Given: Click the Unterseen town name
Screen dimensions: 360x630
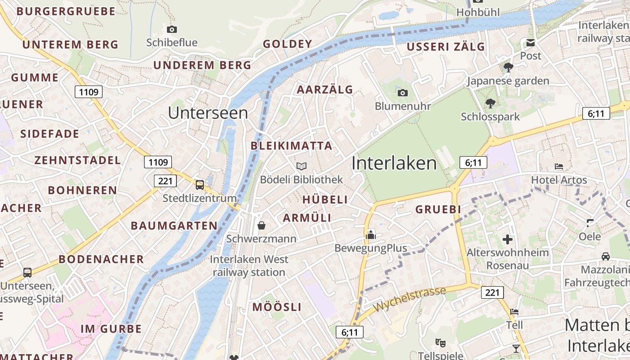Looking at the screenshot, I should pos(208,113).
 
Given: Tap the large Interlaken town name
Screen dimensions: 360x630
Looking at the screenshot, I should pos(394,163).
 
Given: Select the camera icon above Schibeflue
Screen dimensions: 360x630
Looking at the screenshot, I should pos(171,30).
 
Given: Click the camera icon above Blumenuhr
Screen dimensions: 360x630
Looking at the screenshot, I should pos(403,93).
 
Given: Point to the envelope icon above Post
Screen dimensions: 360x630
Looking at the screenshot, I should pos(531,43).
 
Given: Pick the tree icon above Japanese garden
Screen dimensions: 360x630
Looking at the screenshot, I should pos(508,67).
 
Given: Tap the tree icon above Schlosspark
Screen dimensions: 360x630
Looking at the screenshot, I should pos(490,103).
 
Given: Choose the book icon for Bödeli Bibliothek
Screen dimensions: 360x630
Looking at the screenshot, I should pos(301,166).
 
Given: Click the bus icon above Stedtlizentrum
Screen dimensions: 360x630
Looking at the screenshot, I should pos(199,184).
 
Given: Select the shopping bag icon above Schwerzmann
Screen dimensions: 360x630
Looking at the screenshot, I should pos(261,225).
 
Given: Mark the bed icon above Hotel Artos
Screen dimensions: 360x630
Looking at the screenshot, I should pos(559,166).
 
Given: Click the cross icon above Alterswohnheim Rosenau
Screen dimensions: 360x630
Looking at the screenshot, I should pos(508,239).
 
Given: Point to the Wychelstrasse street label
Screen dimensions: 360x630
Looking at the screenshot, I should pos(409,299).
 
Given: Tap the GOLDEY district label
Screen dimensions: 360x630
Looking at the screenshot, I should pos(287,44).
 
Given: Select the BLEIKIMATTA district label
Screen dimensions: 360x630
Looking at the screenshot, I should pos(291,146).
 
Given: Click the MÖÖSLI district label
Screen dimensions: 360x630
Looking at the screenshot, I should pos(277,307).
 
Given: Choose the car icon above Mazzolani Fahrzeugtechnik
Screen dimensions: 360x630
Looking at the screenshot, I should pos(606,256).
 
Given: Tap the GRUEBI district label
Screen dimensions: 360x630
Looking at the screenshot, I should pos(438,209).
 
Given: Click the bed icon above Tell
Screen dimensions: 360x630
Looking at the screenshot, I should pos(514,312).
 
